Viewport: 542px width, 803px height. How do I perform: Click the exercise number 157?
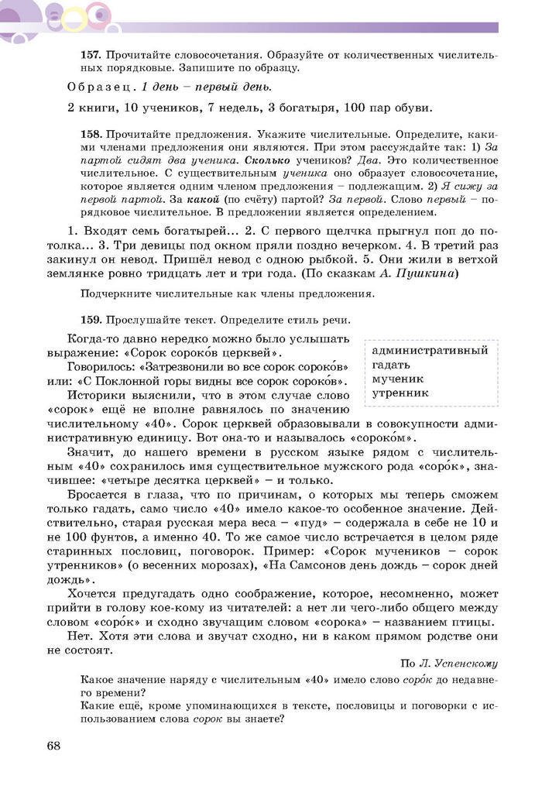pos(91,57)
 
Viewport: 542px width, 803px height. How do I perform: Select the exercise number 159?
pos(91,319)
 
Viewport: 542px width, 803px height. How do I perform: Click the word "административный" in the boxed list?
pos(430,350)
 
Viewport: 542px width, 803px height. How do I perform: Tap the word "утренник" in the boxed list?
pos(400,393)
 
